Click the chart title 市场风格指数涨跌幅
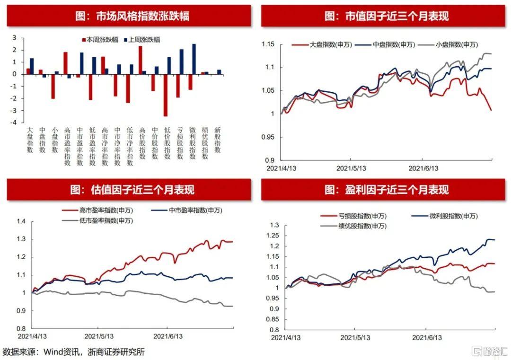click(129, 17)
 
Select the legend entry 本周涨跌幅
click(103, 40)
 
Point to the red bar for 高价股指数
click(141, 60)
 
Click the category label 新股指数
click(218, 140)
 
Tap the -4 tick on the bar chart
click(14, 123)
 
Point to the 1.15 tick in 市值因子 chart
click(268, 44)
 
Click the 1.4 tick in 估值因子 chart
click(22, 221)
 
